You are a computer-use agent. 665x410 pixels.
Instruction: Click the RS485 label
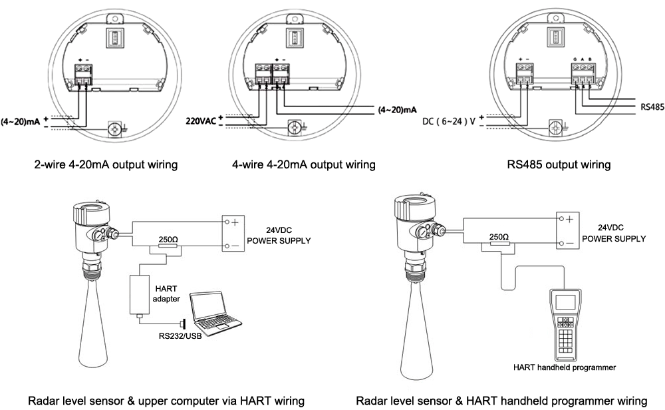tap(651, 106)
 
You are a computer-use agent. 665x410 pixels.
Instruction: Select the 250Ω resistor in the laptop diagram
tap(167, 247)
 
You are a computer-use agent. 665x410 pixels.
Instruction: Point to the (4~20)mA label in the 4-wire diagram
tap(397, 108)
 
